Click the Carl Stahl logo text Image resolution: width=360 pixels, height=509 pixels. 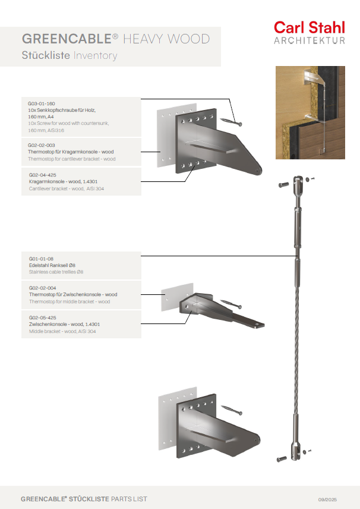pyautogui.click(x=309, y=27)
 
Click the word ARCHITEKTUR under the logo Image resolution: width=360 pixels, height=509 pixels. pyautogui.click(x=309, y=40)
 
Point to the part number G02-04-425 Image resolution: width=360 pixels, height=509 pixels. pyautogui.click(x=43, y=175)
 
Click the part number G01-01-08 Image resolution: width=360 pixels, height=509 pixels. pyautogui.click(x=41, y=259)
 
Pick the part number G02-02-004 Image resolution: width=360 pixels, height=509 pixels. pyautogui.click(x=42, y=288)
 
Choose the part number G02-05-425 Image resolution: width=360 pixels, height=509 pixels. pyautogui.click(x=43, y=318)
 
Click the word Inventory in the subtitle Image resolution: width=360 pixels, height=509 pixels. pyautogui.click(x=95, y=56)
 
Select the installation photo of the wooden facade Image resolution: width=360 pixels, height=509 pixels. pyautogui.click(x=310, y=112)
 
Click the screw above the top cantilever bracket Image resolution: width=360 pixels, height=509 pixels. pyautogui.click(x=232, y=121)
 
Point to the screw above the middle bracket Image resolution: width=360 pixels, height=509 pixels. pyautogui.click(x=232, y=304)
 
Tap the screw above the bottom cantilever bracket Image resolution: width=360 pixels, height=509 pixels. pyautogui.click(x=232, y=410)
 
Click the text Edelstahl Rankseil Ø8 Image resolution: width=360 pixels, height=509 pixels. pyautogui.click(x=52, y=265)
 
